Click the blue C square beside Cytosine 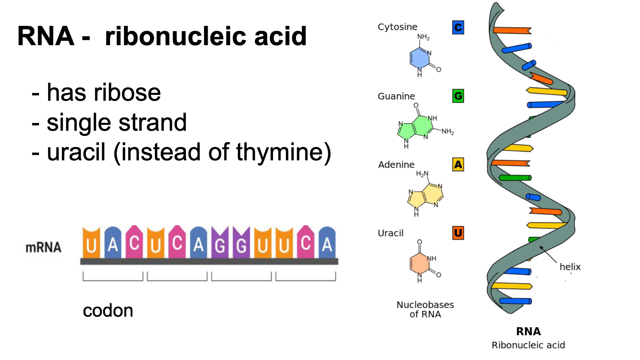point(458,27)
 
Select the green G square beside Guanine point(458,96)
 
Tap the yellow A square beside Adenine point(458,164)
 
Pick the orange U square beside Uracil point(458,233)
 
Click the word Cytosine point(397,27)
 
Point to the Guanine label point(396,96)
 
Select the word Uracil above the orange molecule point(390,233)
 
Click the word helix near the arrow point(570,267)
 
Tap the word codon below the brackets point(108,311)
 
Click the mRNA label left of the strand point(43,247)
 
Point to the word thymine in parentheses point(280,153)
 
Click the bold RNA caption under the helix point(529,331)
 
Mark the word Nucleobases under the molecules point(425,304)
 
